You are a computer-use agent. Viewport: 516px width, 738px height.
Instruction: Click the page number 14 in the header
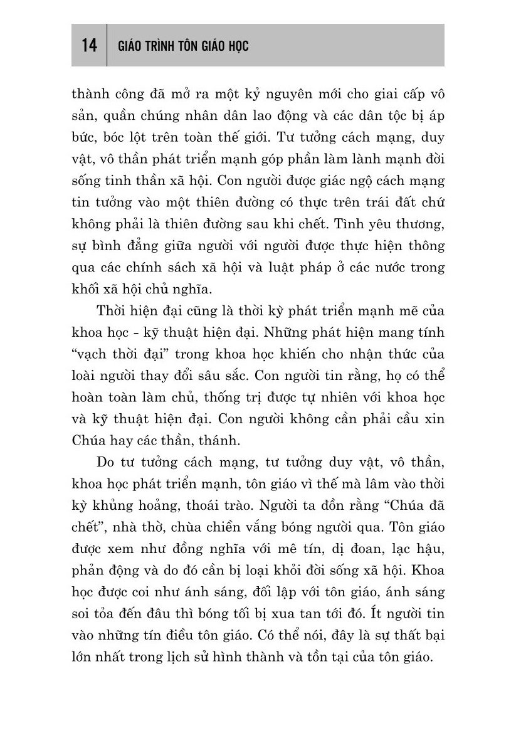pyautogui.click(x=88, y=45)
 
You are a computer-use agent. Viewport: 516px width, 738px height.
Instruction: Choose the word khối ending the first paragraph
pyautogui.click(x=86, y=288)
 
